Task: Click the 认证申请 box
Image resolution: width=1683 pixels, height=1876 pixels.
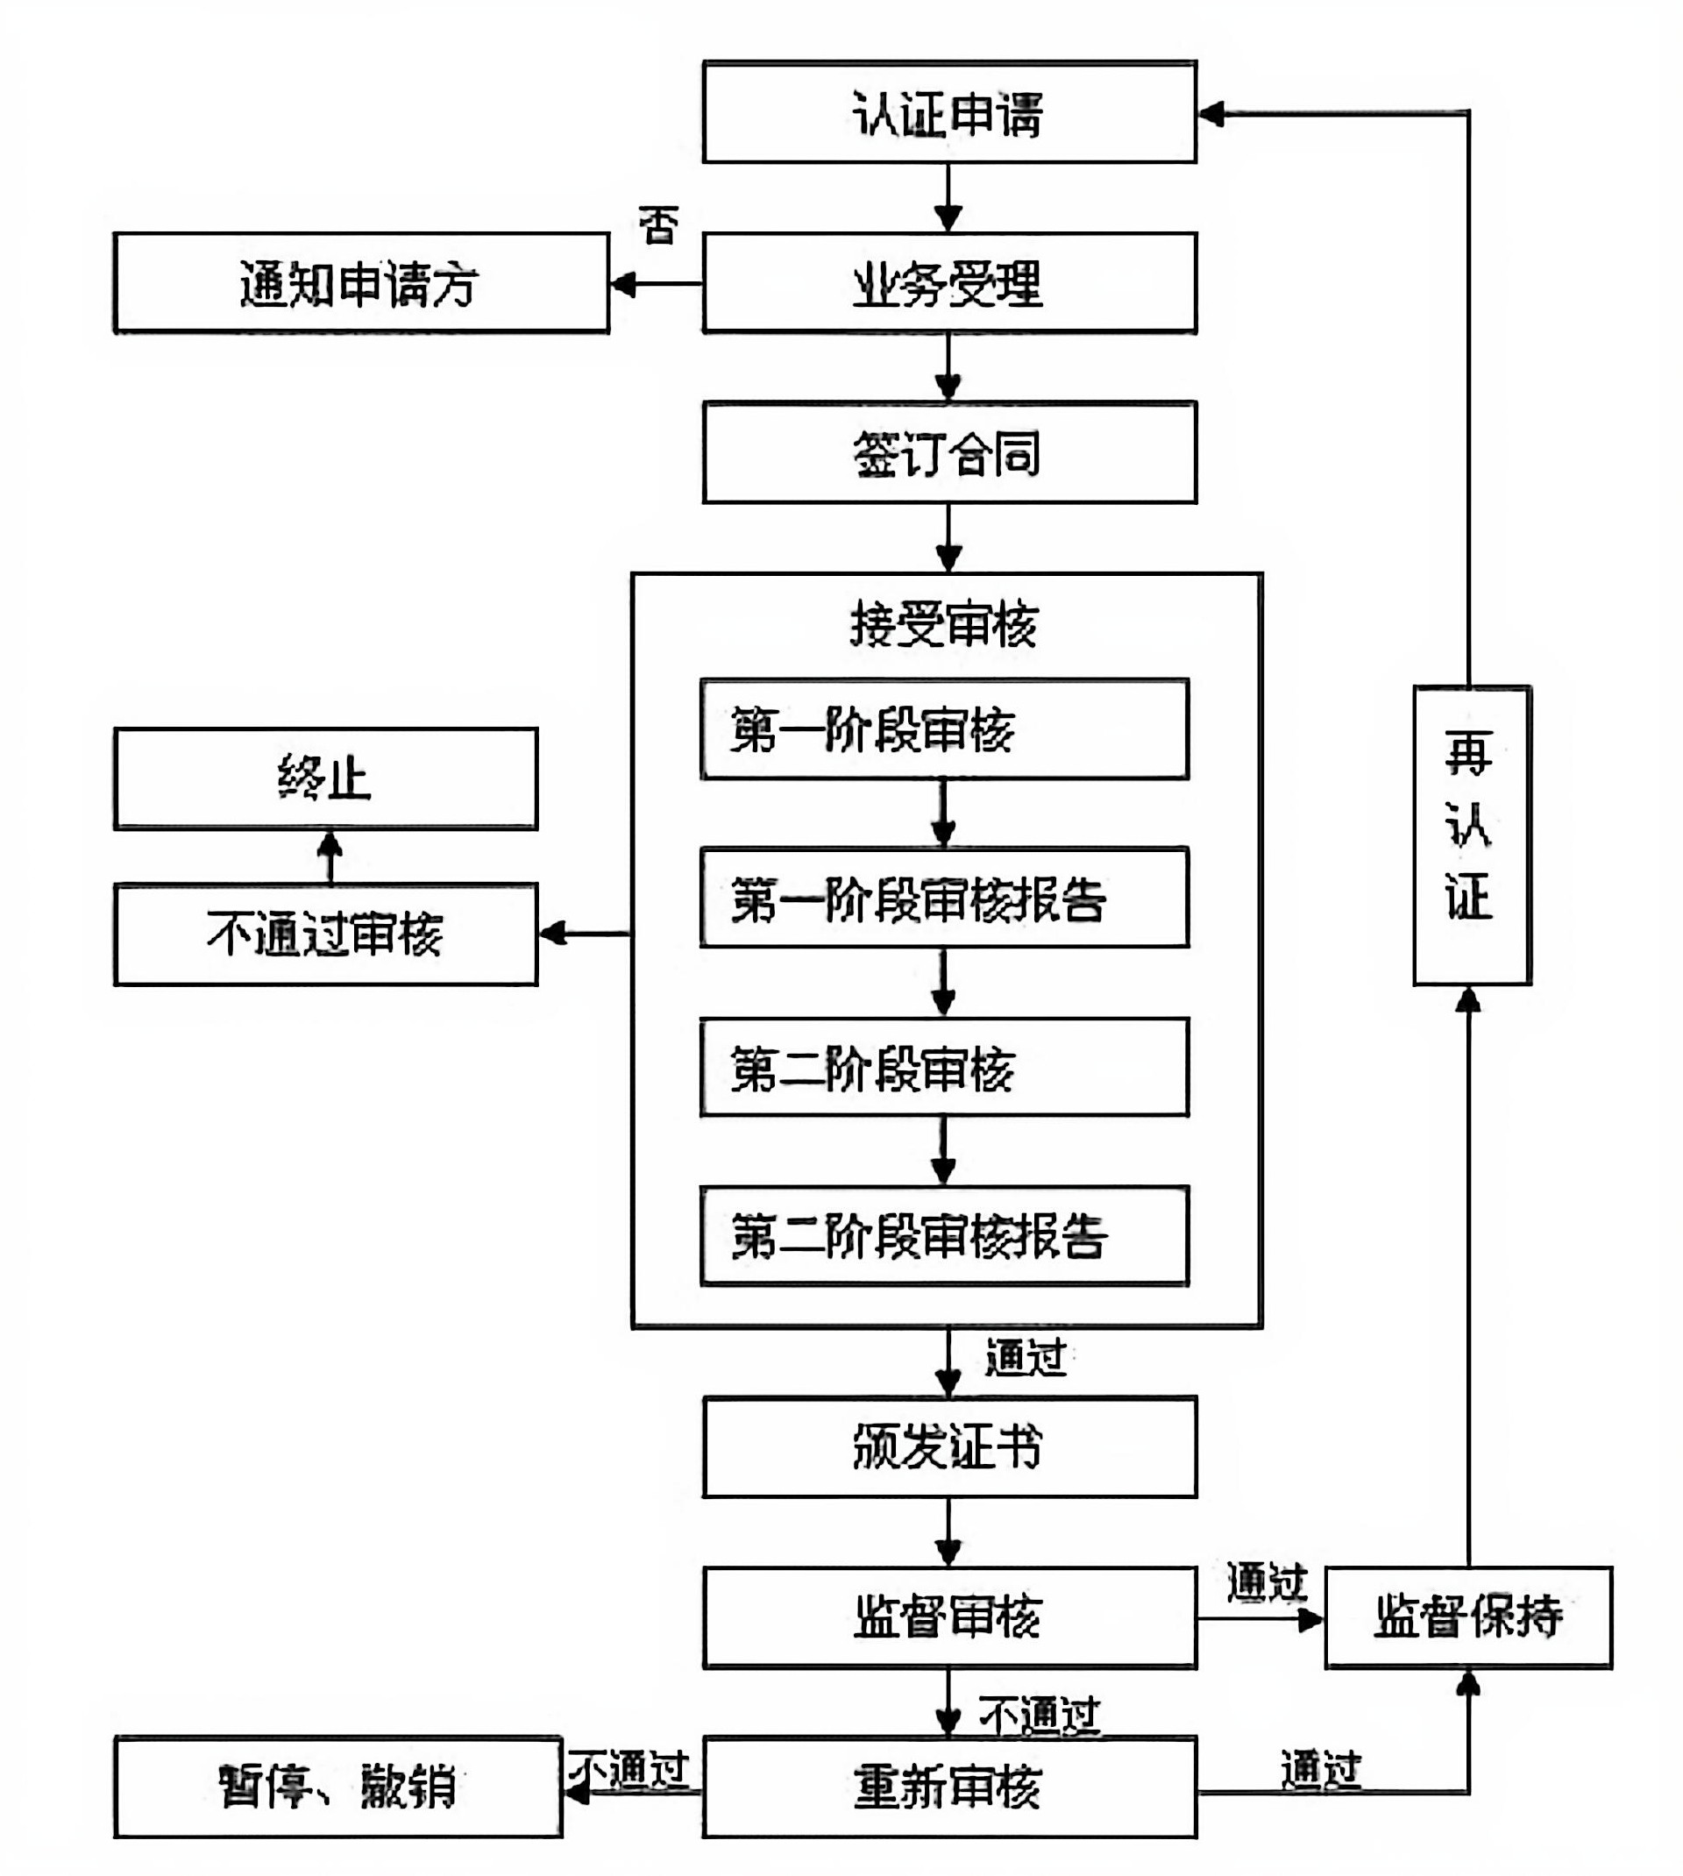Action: [x=948, y=113]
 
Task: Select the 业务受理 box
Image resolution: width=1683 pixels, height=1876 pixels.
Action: [x=948, y=283]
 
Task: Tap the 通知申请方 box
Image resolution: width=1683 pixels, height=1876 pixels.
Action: [x=360, y=283]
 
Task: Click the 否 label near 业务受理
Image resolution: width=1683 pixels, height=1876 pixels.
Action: [x=658, y=224]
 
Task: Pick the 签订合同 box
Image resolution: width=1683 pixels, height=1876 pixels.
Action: [x=948, y=452]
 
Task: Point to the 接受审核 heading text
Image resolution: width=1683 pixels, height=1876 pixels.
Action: [x=944, y=624]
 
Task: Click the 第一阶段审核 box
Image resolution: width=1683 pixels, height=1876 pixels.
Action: [x=944, y=729]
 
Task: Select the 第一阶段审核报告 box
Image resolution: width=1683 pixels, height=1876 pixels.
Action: [x=944, y=898]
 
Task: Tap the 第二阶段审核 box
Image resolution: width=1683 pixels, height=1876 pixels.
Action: [x=944, y=1068]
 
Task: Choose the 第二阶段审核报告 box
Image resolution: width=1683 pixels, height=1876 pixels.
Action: [x=944, y=1236]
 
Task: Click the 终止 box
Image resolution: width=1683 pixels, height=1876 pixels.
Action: [x=325, y=778]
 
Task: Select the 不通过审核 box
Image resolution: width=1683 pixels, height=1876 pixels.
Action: [x=325, y=934]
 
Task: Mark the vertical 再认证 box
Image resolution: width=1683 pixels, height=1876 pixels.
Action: [x=1471, y=835]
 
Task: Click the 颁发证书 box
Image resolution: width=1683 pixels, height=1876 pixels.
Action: [x=948, y=1447]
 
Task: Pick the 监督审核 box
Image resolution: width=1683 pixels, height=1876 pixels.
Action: [x=948, y=1617]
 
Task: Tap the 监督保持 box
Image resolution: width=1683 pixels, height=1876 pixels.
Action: [x=1468, y=1617]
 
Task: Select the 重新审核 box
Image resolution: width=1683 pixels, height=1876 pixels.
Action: [x=948, y=1787]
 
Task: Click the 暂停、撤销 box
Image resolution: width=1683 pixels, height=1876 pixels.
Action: [x=337, y=1787]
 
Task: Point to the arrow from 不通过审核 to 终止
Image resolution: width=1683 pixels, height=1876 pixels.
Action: [x=330, y=856]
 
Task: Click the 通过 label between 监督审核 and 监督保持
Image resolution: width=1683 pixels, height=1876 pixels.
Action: [x=1266, y=1582]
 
